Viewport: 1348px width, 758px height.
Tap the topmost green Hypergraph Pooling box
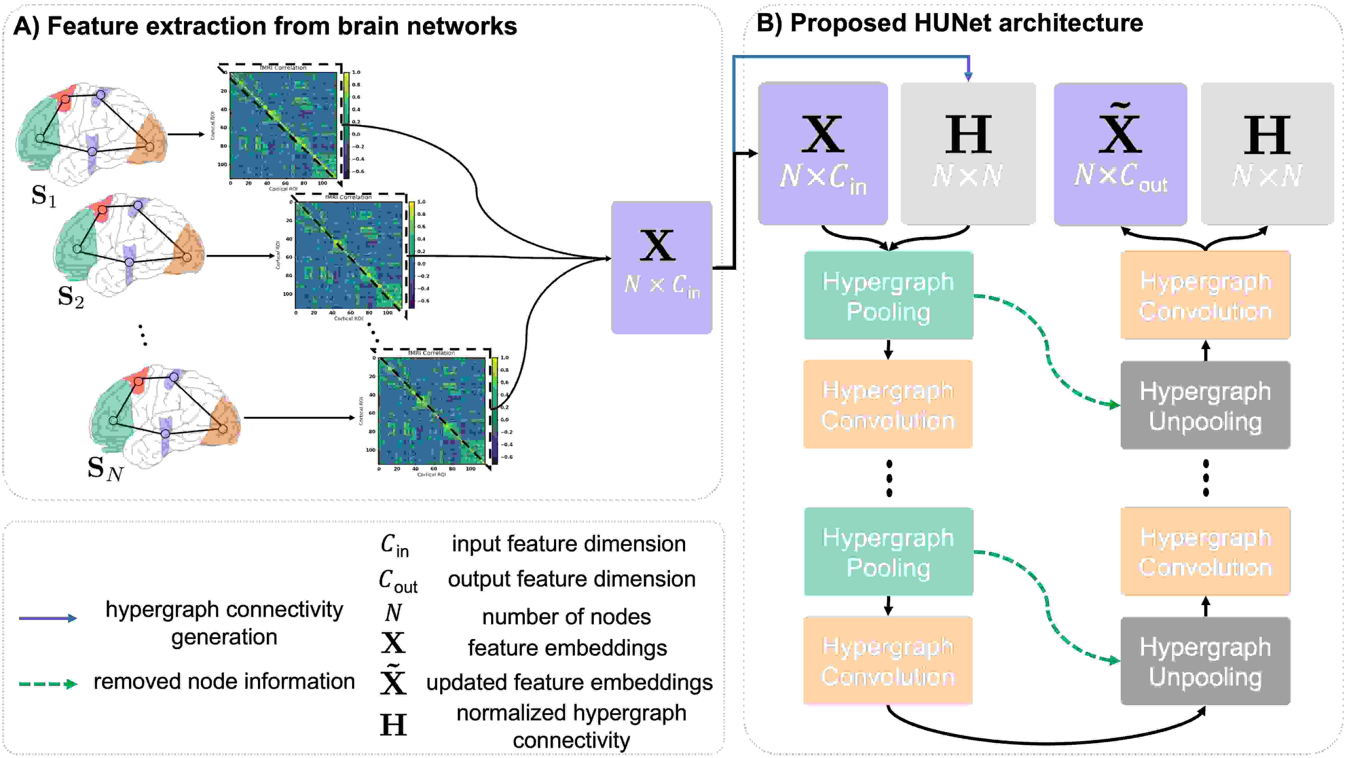pos(888,296)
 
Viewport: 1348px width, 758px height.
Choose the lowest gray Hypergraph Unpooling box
pos(1205,661)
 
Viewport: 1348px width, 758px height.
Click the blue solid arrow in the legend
pos(48,618)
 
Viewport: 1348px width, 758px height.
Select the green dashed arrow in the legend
pos(48,684)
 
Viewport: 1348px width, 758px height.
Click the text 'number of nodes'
pos(566,617)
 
